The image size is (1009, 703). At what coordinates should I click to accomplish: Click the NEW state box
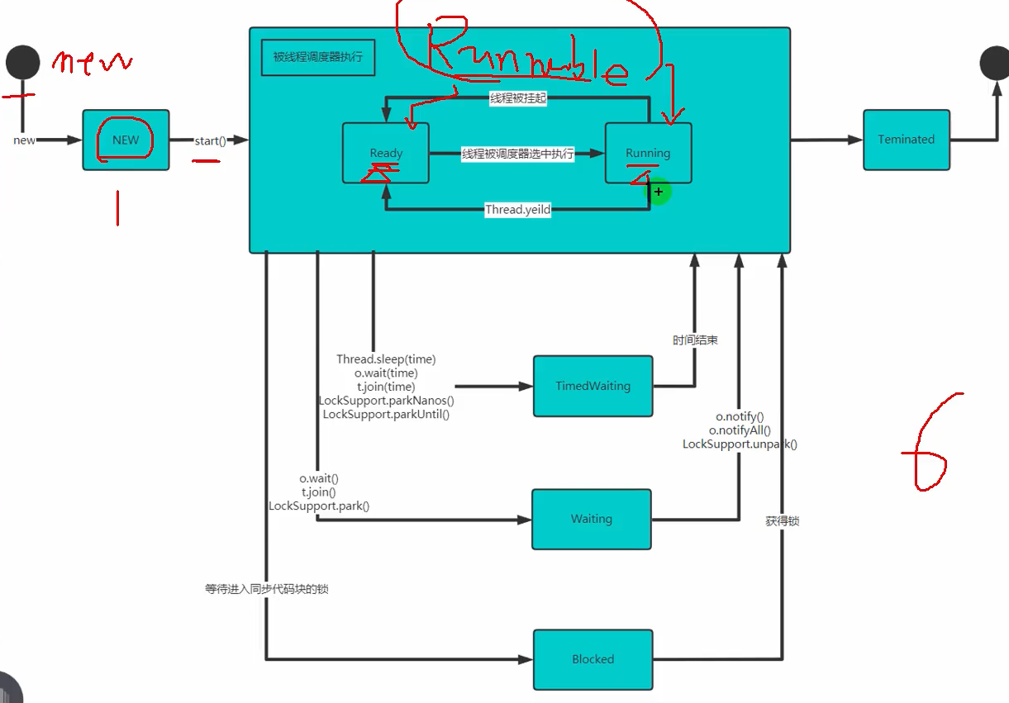(126, 140)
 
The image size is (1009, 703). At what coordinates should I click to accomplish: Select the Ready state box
(386, 153)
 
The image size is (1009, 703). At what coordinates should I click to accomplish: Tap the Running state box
(648, 153)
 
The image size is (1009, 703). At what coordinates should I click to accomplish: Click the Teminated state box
(907, 140)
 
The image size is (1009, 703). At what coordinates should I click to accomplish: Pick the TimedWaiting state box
(593, 386)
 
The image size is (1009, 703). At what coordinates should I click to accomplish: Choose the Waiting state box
(591, 519)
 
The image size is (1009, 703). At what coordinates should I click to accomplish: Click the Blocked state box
(593, 659)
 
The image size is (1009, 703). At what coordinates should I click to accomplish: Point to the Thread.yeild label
(517, 210)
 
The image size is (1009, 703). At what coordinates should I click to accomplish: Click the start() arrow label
(210, 140)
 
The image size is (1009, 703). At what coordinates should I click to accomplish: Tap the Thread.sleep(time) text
(386, 359)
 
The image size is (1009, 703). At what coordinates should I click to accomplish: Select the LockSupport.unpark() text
(740, 444)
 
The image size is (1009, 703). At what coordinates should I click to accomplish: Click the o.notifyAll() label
(740, 430)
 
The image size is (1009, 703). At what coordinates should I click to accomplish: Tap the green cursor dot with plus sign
(658, 192)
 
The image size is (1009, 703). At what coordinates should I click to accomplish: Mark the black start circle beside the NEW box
(22, 62)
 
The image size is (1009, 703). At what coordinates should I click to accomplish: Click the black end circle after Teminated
(994, 62)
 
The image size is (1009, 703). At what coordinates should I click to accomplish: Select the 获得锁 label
(782, 521)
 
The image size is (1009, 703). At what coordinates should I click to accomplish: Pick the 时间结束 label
(695, 340)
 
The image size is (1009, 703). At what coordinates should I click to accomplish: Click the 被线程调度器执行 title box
(318, 58)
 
